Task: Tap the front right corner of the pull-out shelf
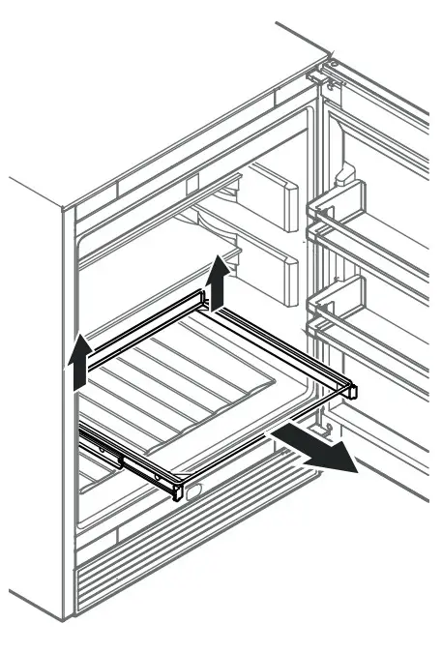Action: click(x=350, y=391)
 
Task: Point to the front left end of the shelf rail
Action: click(x=175, y=489)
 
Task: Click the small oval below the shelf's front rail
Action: click(x=194, y=491)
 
